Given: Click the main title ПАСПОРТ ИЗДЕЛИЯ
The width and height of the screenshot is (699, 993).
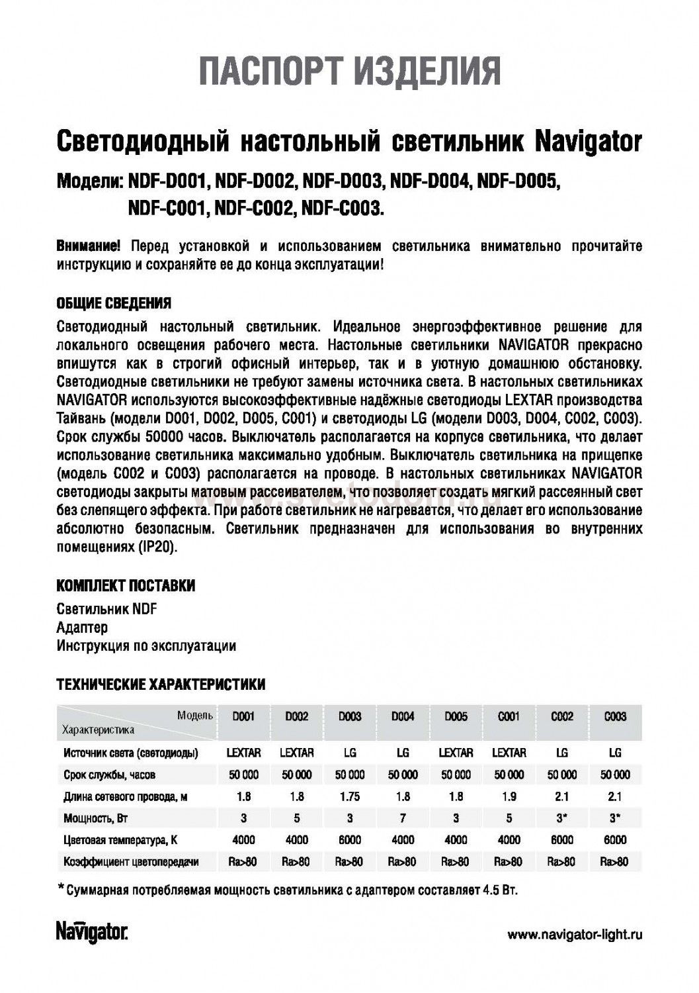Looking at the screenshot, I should pos(350,72).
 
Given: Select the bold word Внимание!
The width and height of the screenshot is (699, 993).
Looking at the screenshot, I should pos(89,247).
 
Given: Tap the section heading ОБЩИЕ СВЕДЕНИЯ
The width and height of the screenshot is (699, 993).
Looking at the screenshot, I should pos(114,304).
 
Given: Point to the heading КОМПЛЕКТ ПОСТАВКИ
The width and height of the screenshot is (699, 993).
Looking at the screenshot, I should pos(126,586).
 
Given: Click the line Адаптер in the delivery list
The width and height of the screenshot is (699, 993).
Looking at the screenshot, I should pos(82,627).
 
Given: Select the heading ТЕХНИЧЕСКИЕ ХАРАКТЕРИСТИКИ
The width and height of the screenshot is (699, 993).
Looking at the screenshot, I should pos(161,684).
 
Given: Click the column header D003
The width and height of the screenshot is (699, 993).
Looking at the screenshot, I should pos(350,716).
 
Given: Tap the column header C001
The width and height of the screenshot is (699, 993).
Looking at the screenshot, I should pos(509,716).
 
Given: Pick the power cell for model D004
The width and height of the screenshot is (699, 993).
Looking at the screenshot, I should pos(403,818).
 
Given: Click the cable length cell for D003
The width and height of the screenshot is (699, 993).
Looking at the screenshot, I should pos(350,796).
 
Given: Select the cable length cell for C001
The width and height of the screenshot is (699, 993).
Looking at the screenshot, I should pos(509,796).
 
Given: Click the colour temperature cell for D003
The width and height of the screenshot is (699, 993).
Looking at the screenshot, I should pos(350,840).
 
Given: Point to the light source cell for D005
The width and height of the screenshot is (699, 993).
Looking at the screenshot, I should pos(456,753).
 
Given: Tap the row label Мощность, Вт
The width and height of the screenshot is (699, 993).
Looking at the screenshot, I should pos(96,818).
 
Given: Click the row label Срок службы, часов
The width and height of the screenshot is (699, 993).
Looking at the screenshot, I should pos(110,775).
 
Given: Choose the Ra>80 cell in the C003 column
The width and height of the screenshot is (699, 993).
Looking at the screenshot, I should pos(614,862).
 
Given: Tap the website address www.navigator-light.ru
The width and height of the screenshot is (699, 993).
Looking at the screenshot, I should pos(575,935).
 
